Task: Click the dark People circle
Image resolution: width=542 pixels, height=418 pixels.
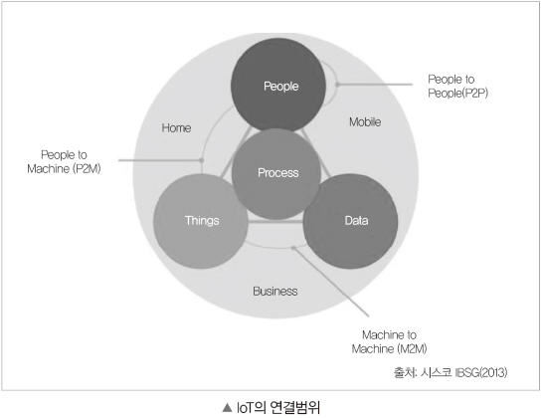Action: tap(278, 85)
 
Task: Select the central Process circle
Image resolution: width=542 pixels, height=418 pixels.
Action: tap(276, 174)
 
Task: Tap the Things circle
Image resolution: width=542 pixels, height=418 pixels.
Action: tap(201, 221)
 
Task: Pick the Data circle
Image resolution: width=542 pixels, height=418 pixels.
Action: tap(350, 221)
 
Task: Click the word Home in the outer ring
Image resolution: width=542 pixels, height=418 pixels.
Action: tap(176, 128)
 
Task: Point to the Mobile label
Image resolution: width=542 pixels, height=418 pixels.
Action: tap(365, 121)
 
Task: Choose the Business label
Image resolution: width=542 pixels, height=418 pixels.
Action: tap(275, 291)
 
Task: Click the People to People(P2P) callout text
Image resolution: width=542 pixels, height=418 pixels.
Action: tap(457, 87)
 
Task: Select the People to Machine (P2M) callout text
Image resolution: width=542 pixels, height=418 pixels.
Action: tap(64, 161)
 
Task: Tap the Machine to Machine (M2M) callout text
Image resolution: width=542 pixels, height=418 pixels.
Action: tap(389, 341)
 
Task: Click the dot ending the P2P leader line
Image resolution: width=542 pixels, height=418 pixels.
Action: tap(337, 84)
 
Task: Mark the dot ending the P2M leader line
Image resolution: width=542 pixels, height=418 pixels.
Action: tap(202, 160)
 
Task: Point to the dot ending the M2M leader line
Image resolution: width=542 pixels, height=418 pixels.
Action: tap(293, 248)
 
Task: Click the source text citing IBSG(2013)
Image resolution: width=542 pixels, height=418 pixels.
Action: tap(451, 372)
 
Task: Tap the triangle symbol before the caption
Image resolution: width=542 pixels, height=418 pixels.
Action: tap(227, 408)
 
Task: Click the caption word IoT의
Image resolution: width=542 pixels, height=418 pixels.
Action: tap(251, 408)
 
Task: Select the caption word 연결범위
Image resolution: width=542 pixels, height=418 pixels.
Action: tap(294, 408)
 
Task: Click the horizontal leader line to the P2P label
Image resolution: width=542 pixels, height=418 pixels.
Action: tap(375, 84)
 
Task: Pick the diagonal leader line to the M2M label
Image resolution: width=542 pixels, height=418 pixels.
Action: tap(331, 282)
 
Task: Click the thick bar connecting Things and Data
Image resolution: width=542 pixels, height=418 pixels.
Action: tap(275, 222)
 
